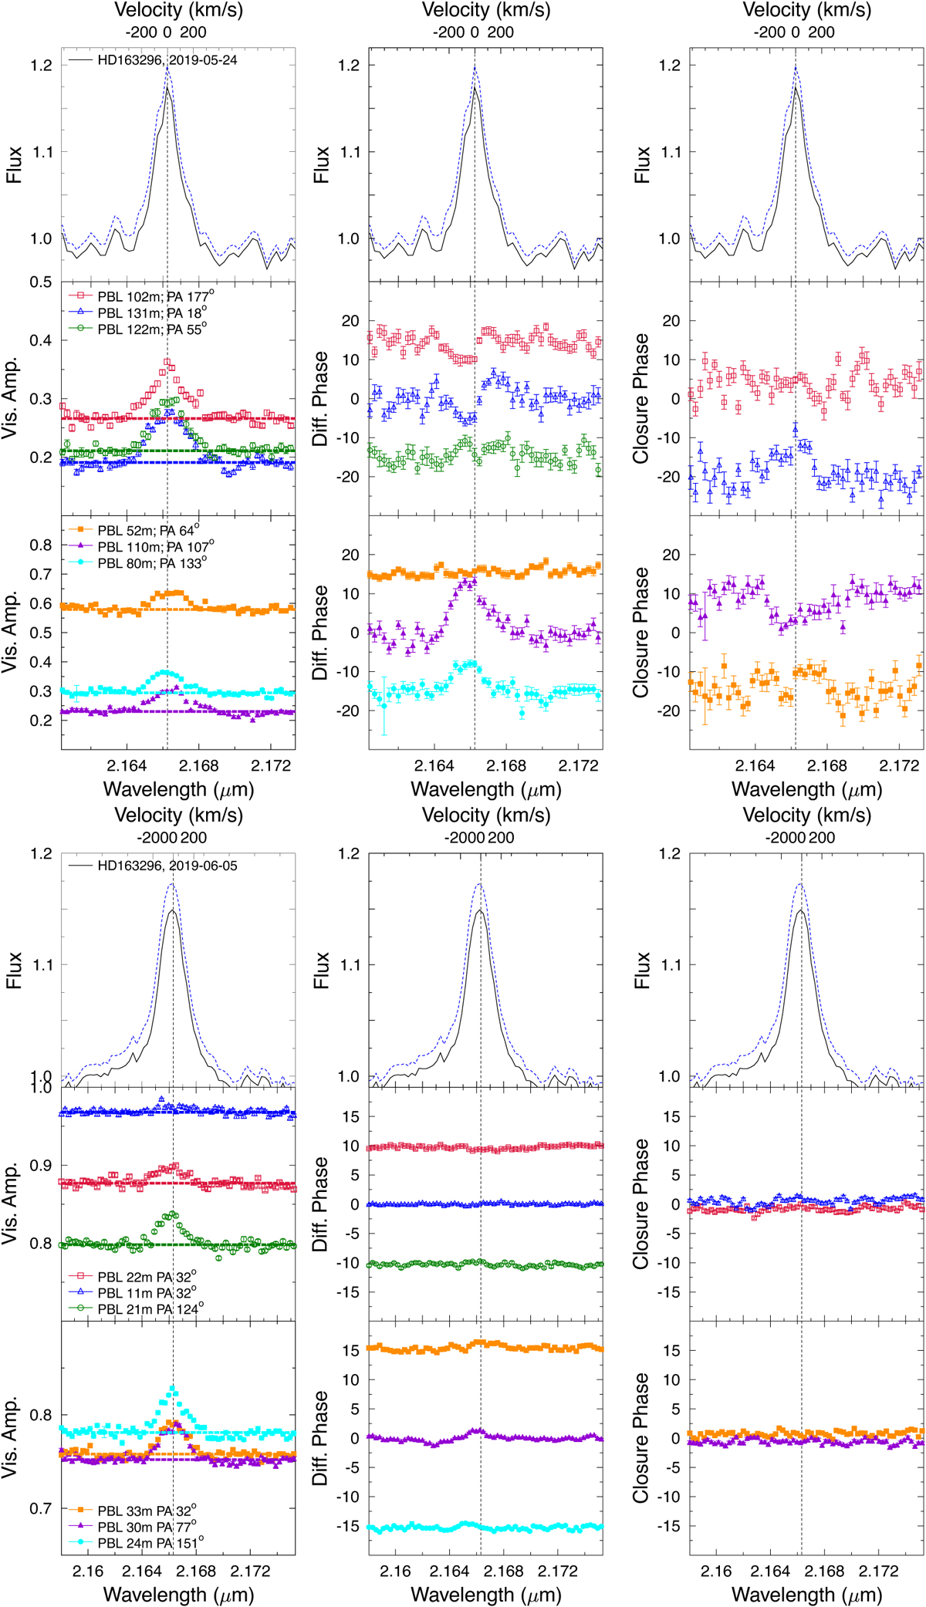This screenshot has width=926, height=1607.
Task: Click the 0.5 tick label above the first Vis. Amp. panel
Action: point(42,282)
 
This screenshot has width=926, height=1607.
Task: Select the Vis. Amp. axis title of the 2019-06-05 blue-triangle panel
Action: point(12,1204)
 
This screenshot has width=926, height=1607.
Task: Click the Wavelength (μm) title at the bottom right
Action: point(806,1595)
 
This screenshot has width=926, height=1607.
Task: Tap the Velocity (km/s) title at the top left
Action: point(178,11)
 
